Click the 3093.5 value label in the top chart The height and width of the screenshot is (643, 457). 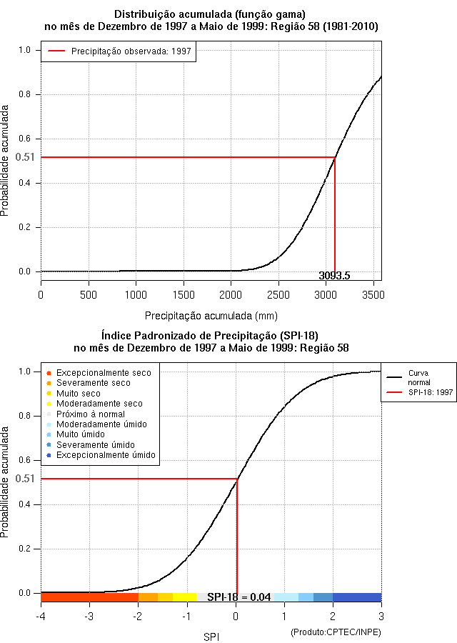coord(334,276)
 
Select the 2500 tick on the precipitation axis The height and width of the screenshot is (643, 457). coord(278,294)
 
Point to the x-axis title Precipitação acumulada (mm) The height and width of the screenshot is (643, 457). coord(211,315)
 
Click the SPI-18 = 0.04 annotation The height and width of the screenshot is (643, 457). coord(238,597)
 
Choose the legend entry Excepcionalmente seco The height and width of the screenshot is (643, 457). coord(104,373)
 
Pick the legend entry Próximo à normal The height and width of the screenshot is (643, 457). coord(91,414)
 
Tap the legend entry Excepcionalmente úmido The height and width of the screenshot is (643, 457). coord(106,455)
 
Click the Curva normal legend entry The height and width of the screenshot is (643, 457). coord(419,378)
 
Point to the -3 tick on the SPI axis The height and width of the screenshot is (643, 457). coord(89,616)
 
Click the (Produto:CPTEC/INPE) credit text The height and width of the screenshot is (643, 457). coord(336,632)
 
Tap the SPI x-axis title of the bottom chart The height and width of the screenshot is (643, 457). coord(211,637)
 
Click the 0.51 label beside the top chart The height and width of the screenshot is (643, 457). coord(25,157)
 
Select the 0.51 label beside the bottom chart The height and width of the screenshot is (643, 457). coord(25,479)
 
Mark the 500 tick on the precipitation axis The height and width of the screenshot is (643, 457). coord(89,294)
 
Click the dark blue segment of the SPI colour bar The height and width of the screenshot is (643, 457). coord(357,597)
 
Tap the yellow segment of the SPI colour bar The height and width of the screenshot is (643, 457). coord(184,597)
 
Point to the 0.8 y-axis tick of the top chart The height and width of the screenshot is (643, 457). coord(25,94)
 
